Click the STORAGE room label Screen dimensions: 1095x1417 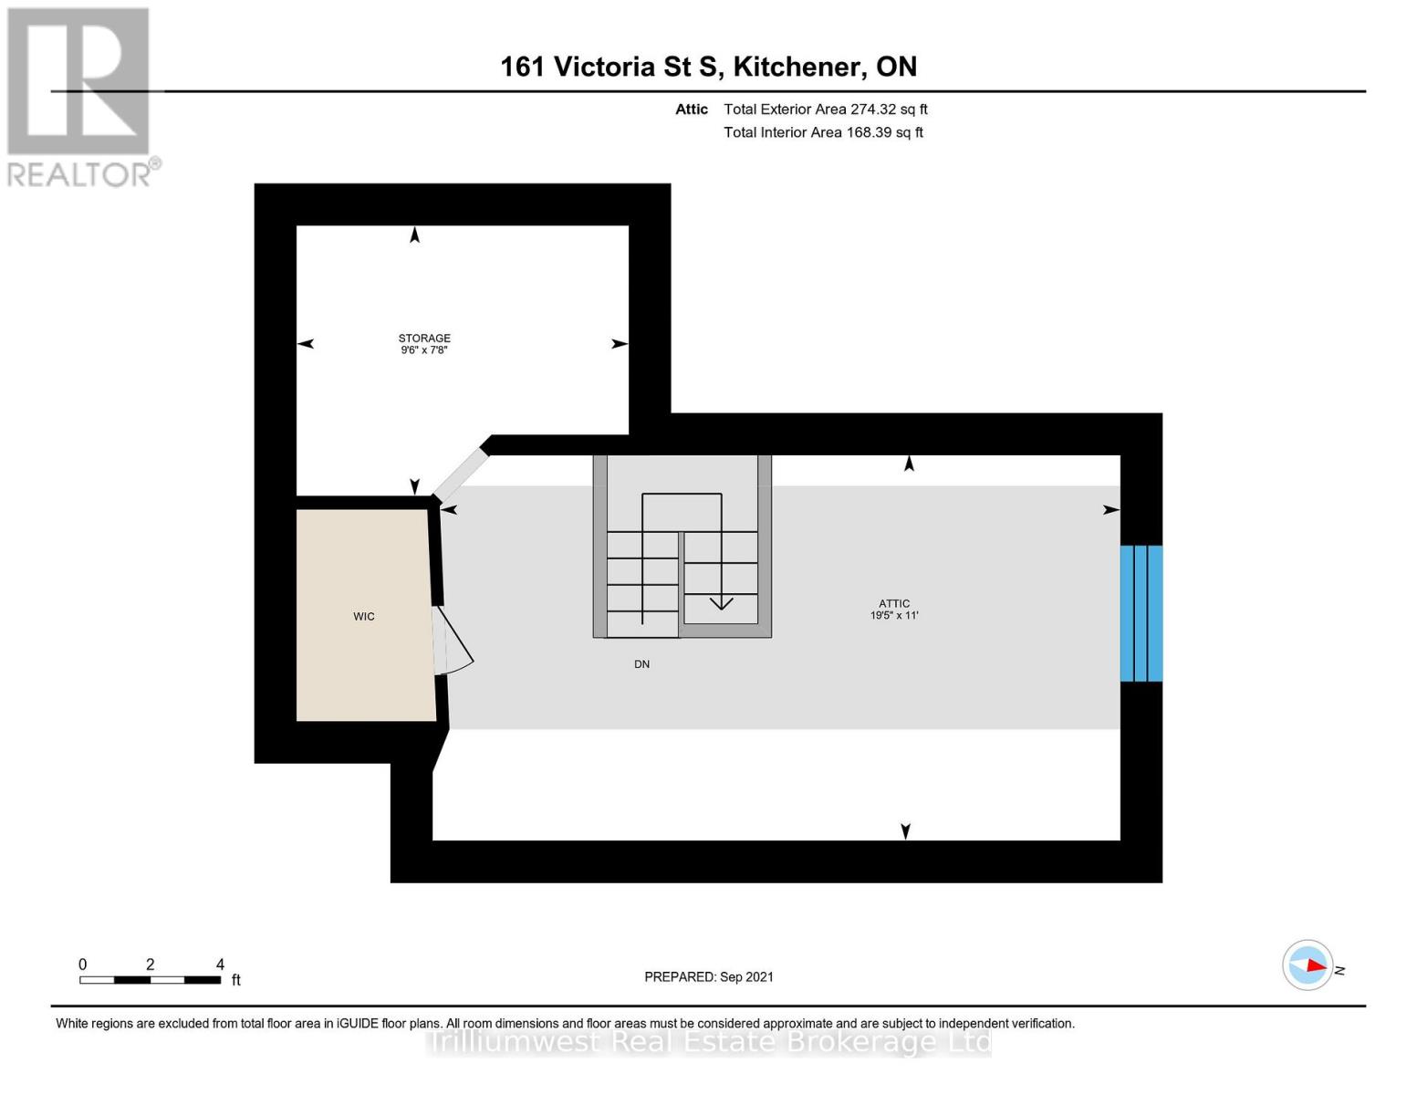click(424, 338)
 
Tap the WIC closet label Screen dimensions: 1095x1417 click(364, 617)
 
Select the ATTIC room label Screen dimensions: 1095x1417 click(894, 603)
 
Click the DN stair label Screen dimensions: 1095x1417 click(642, 664)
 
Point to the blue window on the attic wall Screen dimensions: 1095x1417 click(1141, 613)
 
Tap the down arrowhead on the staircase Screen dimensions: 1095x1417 click(722, 602)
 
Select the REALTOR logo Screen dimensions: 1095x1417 click(80, 97)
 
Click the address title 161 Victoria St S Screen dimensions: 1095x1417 click(708, 67)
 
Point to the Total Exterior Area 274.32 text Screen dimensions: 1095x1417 click(825, 109)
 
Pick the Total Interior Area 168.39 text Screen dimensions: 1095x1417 click(823, 132)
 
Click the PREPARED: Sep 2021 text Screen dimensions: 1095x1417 click(709, 976)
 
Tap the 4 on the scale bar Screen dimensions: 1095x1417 click(220, 965)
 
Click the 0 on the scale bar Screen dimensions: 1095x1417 click(83, 965)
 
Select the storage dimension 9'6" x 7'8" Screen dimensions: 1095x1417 click(424, 350)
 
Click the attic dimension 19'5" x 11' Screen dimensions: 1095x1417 click(894, 616)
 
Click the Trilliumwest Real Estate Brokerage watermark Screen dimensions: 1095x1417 click(709, 1042)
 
